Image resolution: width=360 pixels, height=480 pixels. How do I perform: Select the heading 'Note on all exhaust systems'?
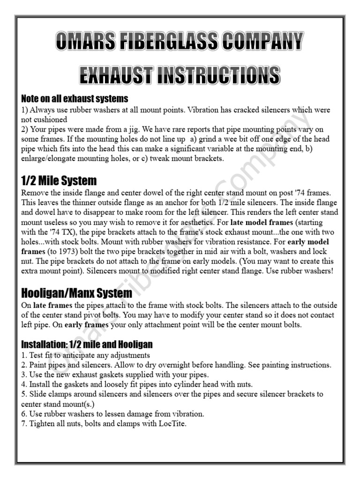tap(75, 99)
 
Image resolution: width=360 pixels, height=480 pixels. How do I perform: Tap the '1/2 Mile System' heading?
tap(59, 180)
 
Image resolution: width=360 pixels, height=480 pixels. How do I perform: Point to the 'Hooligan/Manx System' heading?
tap(76, 293)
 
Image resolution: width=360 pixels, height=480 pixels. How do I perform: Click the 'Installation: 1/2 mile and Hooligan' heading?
tap(87, 344)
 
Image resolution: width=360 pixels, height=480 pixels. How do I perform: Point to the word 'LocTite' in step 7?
tap(173, 424)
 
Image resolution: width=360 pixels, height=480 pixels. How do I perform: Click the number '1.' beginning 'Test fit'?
tap(24, 355)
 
